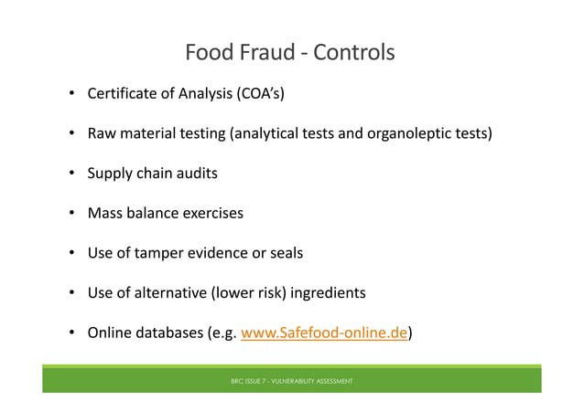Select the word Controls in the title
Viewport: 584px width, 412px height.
click(x=353, y=52)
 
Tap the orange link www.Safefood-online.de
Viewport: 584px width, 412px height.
click(x=323, y=333)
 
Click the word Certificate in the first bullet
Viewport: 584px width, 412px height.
click(x=124, y=93)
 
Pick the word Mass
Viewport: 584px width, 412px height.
click(x=105, y=213)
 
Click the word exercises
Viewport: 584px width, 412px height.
click(x=211, y=213)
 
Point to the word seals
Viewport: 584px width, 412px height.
click(x=284, y=253)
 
